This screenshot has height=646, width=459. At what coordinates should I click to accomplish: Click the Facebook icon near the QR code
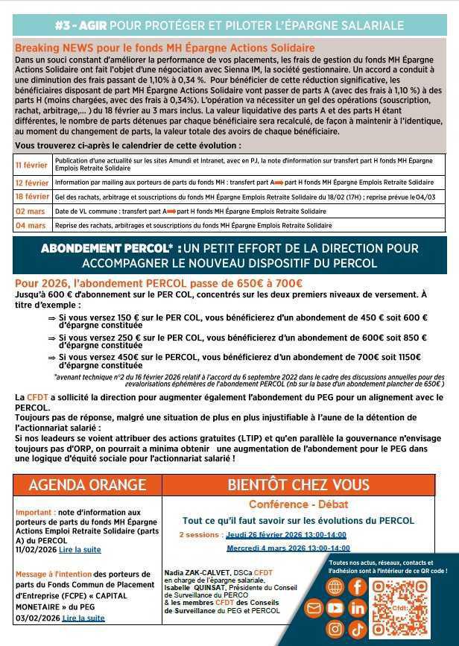tap(358, 586)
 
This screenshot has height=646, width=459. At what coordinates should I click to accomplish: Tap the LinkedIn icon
tap(358, 608)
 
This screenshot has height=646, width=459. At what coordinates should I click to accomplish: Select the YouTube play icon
tap(335, 608)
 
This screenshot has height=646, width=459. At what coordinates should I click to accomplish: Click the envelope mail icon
tap(314, 608)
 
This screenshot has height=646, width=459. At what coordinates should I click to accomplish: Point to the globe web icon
tap(336, 586)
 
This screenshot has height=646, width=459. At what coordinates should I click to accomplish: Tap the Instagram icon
tap(336, 629)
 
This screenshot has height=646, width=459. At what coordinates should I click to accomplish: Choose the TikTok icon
tap(358, 629)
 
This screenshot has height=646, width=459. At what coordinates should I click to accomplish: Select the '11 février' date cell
tap(32, 164)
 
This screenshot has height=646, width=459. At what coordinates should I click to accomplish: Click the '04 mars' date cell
tap(32, 225)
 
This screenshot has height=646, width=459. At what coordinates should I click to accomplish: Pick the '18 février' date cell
tap(32, 197)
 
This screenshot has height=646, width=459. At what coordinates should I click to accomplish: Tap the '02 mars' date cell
tap(32, 212)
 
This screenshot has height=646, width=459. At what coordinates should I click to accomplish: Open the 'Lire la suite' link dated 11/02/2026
tap(80, 549)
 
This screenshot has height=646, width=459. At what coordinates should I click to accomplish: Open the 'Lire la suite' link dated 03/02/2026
tap(83, 618)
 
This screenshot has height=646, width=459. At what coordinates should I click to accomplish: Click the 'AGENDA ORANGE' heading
tap(86, 485)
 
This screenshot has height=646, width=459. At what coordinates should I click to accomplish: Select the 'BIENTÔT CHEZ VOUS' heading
tap(298, 485)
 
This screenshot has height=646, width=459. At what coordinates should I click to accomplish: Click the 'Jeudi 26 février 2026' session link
tap(287, 534)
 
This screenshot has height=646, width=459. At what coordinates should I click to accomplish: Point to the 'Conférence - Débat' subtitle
tap(298, 504)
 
